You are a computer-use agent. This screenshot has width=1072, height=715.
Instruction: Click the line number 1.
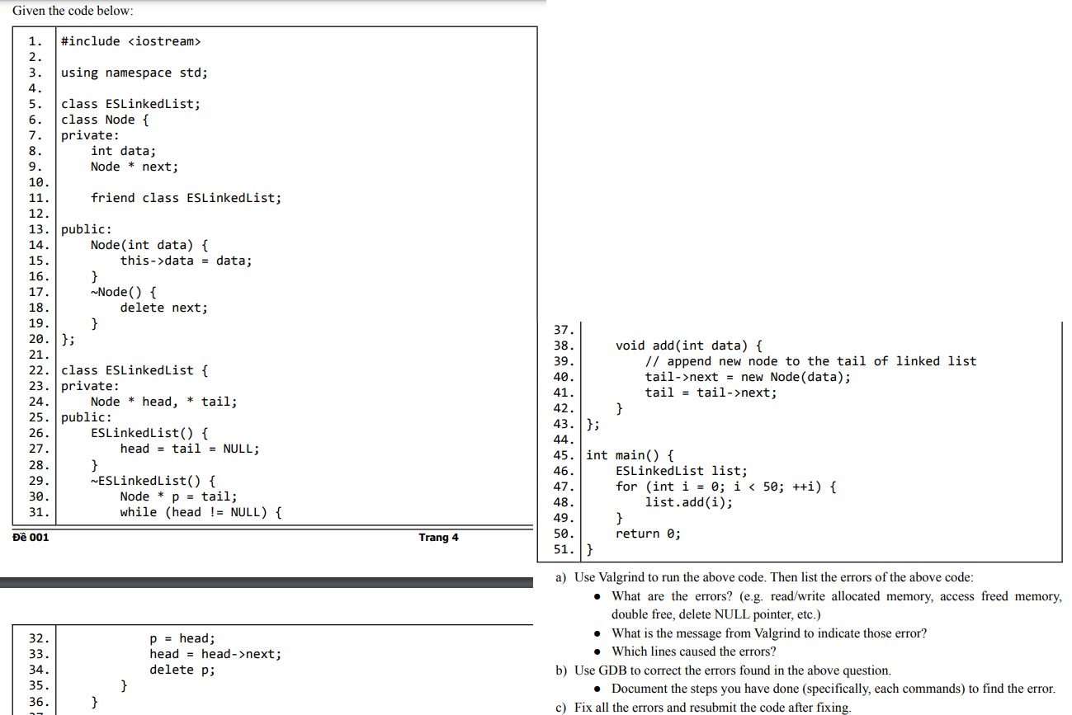[35, 41]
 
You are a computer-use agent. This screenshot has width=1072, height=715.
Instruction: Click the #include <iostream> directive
[130, 41]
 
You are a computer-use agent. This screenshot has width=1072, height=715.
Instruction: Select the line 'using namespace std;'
[135, 73]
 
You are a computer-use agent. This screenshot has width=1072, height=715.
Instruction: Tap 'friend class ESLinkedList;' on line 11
[186, 198]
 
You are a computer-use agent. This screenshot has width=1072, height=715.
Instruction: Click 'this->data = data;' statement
[186, 261]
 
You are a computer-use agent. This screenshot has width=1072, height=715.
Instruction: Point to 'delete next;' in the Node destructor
[163, 308]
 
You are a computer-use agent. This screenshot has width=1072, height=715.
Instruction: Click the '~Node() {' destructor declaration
[124, 292]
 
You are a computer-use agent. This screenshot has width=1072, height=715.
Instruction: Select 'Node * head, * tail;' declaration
[163, 402]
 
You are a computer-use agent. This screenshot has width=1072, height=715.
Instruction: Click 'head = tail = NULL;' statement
[189, 449]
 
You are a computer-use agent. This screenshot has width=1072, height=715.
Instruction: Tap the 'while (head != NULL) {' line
[201, 512]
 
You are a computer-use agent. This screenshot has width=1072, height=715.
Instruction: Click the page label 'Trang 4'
[438, 538]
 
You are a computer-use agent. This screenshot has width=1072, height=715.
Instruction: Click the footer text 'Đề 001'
[31, 538]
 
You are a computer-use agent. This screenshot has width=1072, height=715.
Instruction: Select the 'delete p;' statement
[182, 670]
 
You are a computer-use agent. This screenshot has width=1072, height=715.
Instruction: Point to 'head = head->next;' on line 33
[215, 654]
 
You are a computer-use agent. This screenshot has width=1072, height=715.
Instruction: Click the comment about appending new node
[810, 361]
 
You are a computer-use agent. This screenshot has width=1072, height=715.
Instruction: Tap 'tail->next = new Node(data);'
[747, 377]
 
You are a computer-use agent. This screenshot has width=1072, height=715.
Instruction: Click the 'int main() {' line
[630, 455]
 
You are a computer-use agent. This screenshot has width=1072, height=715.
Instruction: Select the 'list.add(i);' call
[688, 502]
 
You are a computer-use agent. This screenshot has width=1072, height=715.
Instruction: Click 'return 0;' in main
[648, 534]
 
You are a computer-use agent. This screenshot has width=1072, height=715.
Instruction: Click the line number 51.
[564, 549]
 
